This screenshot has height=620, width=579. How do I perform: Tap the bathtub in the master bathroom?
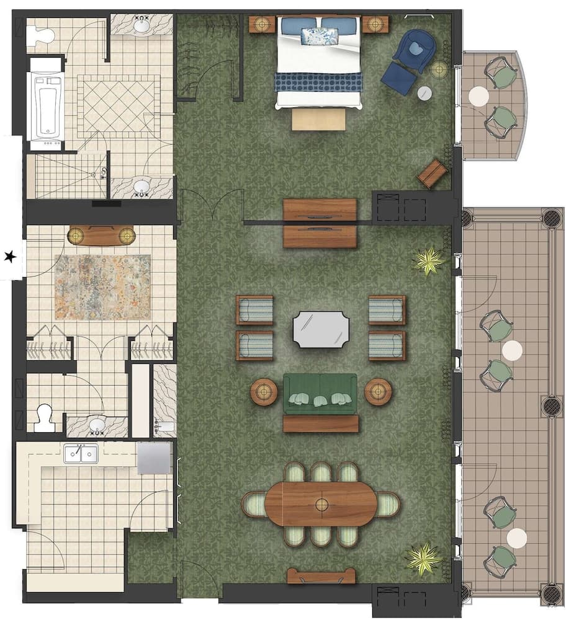45,105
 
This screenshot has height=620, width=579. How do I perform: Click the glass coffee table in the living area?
321,329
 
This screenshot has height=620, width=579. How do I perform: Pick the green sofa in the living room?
320,394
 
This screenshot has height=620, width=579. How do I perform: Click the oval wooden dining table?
321,503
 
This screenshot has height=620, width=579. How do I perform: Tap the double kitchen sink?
81,454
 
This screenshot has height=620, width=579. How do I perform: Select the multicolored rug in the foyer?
102,286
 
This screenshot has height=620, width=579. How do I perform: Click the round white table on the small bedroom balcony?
478,96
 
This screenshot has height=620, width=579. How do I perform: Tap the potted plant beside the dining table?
424,558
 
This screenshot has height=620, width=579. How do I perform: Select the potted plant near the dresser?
429,261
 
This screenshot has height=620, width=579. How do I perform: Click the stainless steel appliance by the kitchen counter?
153,458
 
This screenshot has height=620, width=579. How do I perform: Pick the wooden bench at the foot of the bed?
318,119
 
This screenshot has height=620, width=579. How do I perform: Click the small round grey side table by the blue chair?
424,93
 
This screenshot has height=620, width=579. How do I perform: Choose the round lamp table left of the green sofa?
264,392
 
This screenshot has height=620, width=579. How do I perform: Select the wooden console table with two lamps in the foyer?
101,235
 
